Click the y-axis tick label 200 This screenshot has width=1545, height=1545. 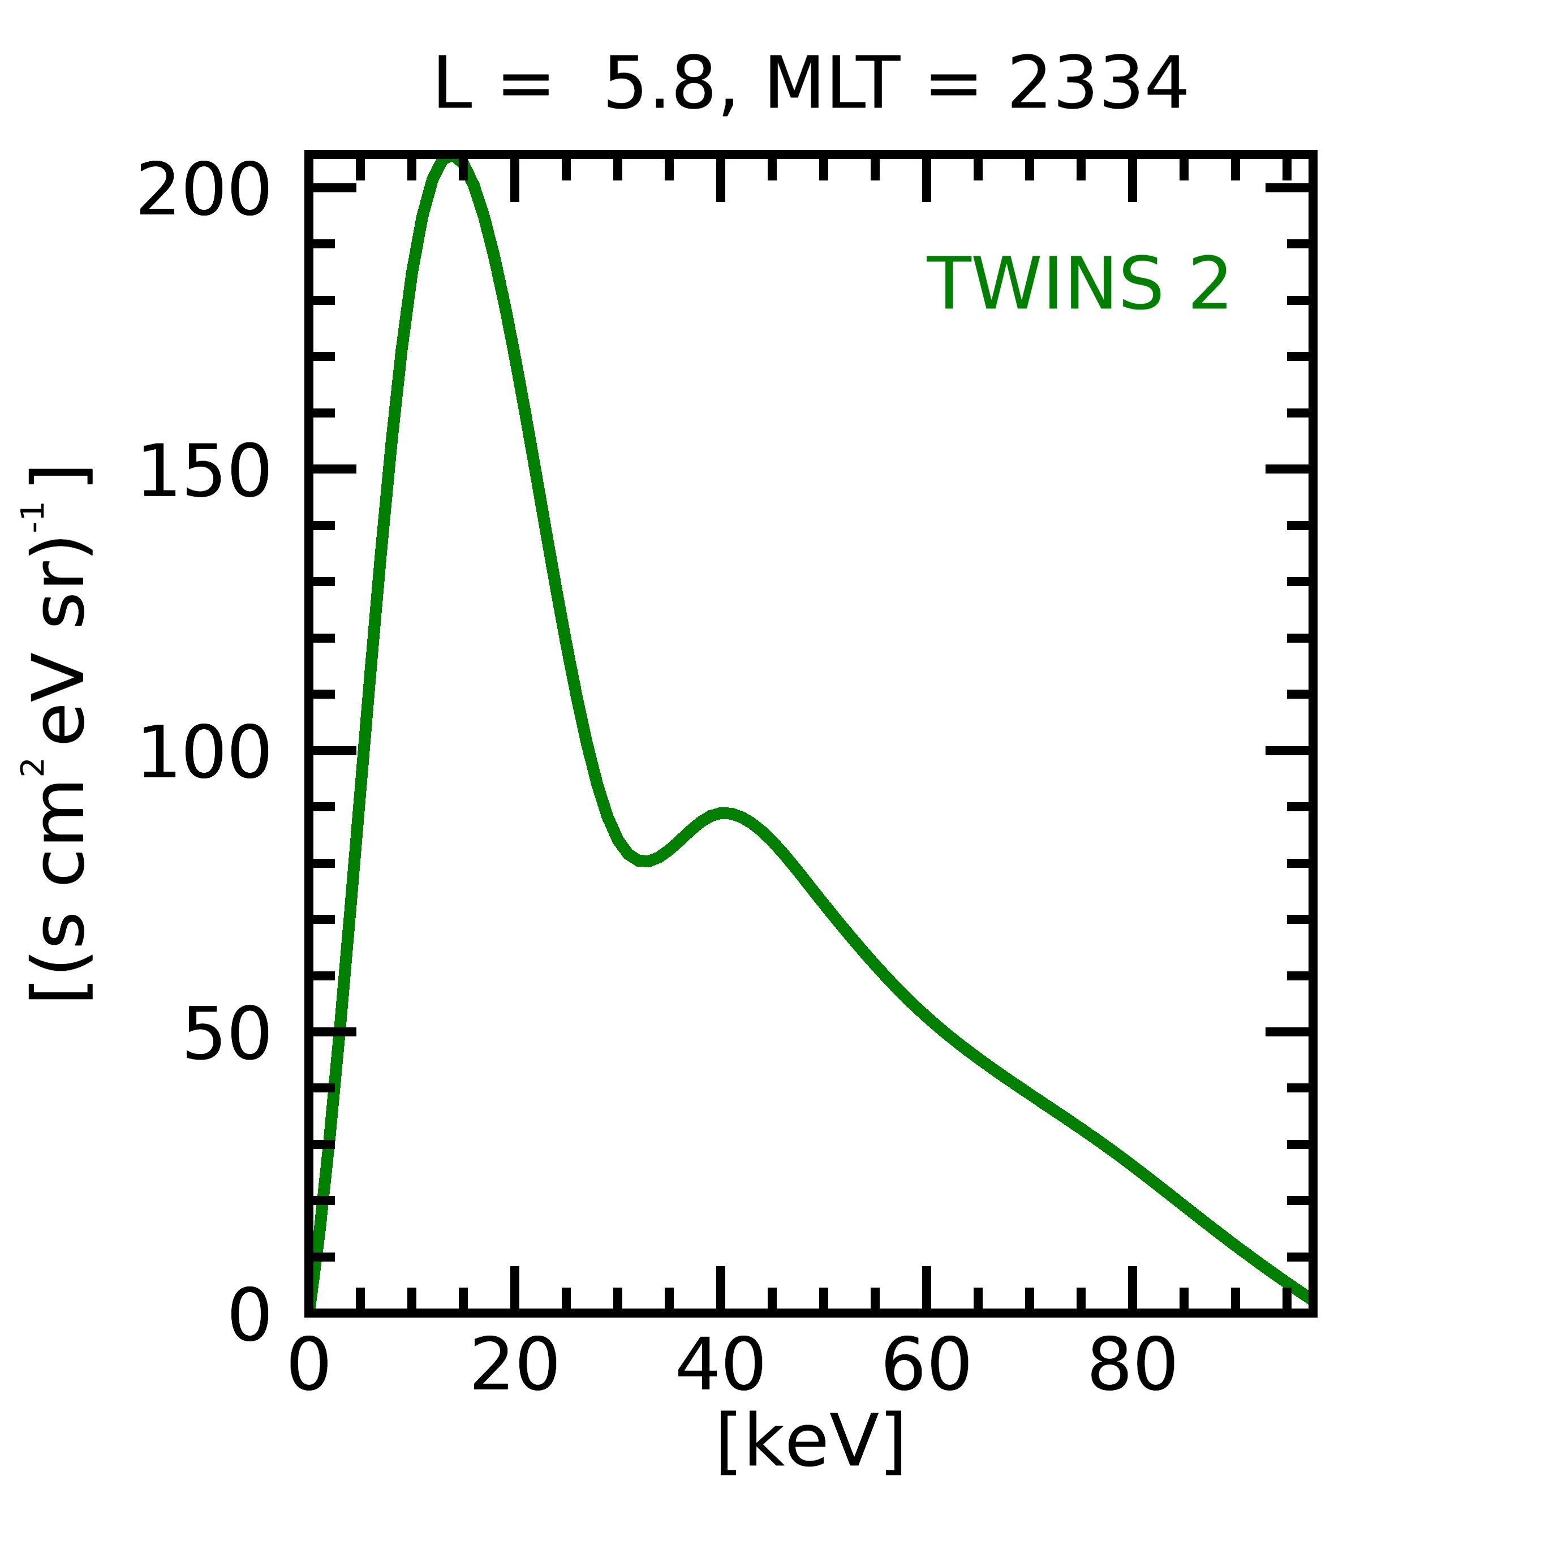pos(203,190)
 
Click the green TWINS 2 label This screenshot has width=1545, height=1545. pos(1077,285)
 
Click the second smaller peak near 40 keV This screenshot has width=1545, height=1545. pos(723,814)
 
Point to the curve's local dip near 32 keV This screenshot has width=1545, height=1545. pos(644,861)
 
